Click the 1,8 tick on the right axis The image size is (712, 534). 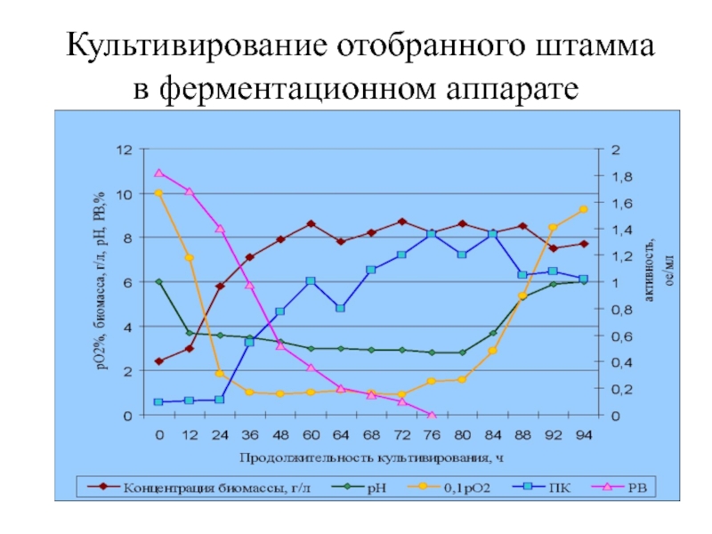tap(620, 176)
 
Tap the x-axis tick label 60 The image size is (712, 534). tap(311, 434)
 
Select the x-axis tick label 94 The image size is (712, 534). tap(583, 434)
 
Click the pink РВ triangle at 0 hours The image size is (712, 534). tap(158, 173)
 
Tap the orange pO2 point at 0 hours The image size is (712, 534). tap(158, 193)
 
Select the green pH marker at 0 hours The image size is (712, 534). tap(158, 282)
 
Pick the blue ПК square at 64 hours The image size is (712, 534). tap(341, 308)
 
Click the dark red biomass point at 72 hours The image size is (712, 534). tap(401, 222)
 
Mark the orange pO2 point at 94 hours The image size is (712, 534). tap(583, 210)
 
